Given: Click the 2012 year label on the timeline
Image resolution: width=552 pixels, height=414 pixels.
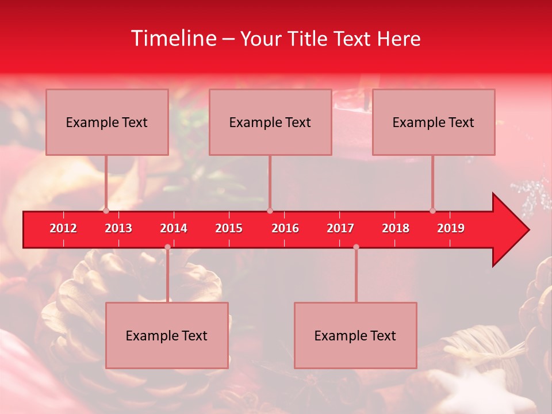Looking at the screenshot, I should click(x=63, y=228).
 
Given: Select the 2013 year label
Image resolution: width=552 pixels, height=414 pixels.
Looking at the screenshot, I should click(x=118, y=228).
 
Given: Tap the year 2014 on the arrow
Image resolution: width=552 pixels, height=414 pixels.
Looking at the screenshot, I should click(x=174, y=228).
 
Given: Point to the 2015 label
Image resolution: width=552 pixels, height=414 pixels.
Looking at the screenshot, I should click(x=229, y=228).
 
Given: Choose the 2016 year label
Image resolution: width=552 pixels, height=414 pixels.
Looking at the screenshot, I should click(x=285, y=228).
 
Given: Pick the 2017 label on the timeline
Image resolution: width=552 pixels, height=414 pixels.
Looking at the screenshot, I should click(x=340, y=228).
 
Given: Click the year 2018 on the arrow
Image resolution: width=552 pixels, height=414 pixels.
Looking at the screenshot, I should click(x=396, y=228).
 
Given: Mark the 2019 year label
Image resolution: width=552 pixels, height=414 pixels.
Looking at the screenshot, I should click(x=451, y=228).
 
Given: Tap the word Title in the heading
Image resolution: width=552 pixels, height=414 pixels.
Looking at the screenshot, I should click(x=308, y=39).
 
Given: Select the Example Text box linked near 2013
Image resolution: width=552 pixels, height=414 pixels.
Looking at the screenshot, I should click(x=107, y=122).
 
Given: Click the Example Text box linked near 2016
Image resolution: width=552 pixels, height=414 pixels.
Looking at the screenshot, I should click(x=270, y=122).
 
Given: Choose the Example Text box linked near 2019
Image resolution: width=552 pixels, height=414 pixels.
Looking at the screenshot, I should click(x=434, y=122).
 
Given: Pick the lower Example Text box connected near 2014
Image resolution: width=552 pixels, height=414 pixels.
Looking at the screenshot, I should click(x=167, y=336).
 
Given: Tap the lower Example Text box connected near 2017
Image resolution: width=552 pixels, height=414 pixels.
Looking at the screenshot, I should click(x=355, y=336).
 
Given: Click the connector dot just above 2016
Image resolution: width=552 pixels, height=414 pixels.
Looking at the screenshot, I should click(x=270, y=211).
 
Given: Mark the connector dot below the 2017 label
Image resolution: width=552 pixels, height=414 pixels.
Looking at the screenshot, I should click(x=356, y=247).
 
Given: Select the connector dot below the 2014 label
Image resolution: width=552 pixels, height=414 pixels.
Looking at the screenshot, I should click(x=167, y=247).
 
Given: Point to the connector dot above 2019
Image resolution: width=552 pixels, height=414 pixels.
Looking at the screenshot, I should click(x=432, y=211).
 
